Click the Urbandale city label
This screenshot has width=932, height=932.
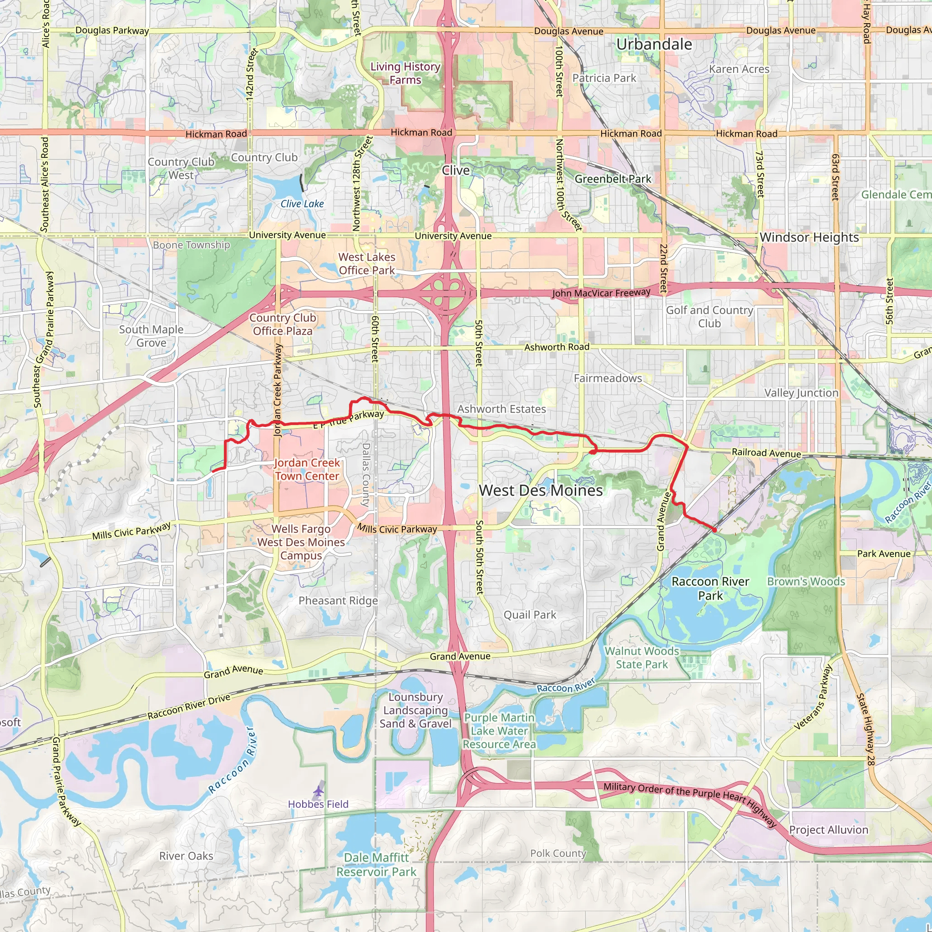click(653, 45)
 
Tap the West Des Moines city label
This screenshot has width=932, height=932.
click(540, 491)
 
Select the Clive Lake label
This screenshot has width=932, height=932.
click(302, 203)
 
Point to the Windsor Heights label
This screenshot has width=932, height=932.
click(809, 238)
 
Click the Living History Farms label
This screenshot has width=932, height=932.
click(405, 73)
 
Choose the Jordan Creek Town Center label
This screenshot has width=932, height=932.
click(307, 469)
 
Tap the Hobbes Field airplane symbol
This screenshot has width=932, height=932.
click(319, 791)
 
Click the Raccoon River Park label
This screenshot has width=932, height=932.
click(710, 588)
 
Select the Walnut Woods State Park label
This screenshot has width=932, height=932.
click(642, 658)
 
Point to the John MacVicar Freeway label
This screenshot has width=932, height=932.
click(601, 293)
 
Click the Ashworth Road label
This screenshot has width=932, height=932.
click(557, 347)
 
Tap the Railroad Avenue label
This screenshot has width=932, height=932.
click(766, 452)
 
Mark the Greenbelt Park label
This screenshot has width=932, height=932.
click(613, 179)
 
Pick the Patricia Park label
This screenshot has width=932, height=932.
click(604, 78)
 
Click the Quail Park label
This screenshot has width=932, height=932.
click(530, 614)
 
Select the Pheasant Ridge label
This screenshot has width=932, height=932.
click(338, 601)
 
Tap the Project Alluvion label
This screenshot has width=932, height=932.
click(828, 830)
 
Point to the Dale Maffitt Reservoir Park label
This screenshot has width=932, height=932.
click(376, 865)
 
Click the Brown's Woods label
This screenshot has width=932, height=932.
click(806, 581)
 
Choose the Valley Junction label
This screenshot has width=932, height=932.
click(801, 393)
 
